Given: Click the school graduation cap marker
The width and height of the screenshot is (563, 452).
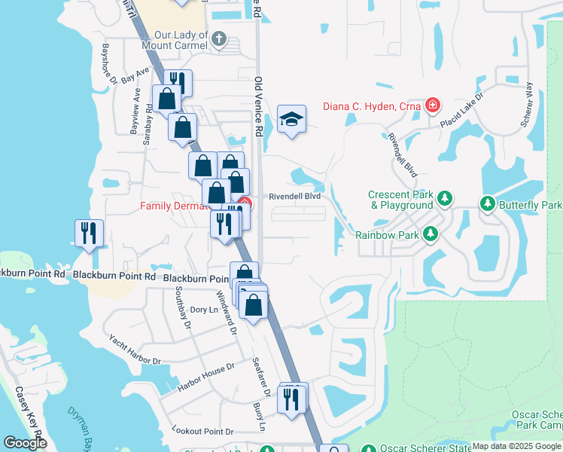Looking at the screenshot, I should [x=291, y=120].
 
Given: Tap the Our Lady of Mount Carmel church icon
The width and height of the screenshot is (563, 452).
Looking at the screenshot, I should [x=219, y=39].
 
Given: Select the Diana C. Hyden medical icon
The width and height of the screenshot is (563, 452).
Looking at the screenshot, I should [x=432, y=105].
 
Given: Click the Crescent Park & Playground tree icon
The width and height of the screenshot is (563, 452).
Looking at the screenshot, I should [x=445, y=199].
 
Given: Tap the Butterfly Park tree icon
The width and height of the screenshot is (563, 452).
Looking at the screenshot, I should [x=488, y=204].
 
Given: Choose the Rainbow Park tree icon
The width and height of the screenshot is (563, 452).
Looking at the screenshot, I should [x=431, y=234].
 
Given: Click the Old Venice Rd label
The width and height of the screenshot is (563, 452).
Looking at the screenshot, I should [x=258, y=106].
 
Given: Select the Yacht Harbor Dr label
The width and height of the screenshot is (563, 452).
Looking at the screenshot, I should [x=135, y=350].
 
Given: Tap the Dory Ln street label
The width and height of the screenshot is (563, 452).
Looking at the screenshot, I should [x=203, y=310].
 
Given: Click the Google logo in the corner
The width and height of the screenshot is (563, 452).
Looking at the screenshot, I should [x=25, y=442].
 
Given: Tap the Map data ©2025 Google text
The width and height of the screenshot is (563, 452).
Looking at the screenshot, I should [x=516, y=446].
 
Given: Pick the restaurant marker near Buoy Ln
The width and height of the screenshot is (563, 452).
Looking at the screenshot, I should [x=291, y=399].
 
